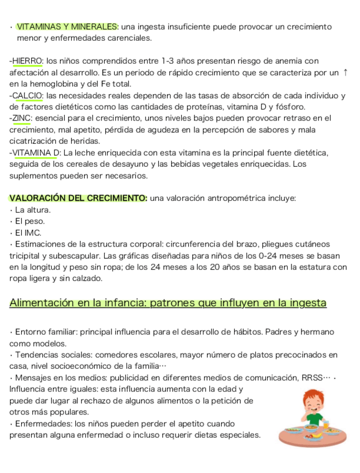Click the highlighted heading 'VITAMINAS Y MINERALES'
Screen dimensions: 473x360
(x=67, y=27)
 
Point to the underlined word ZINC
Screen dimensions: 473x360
(x=22, y=118)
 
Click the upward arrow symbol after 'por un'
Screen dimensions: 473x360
(x=346, y=73)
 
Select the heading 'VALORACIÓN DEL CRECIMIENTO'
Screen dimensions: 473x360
(x=78, y=198)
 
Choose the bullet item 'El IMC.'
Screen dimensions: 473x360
(x=28, y=233)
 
